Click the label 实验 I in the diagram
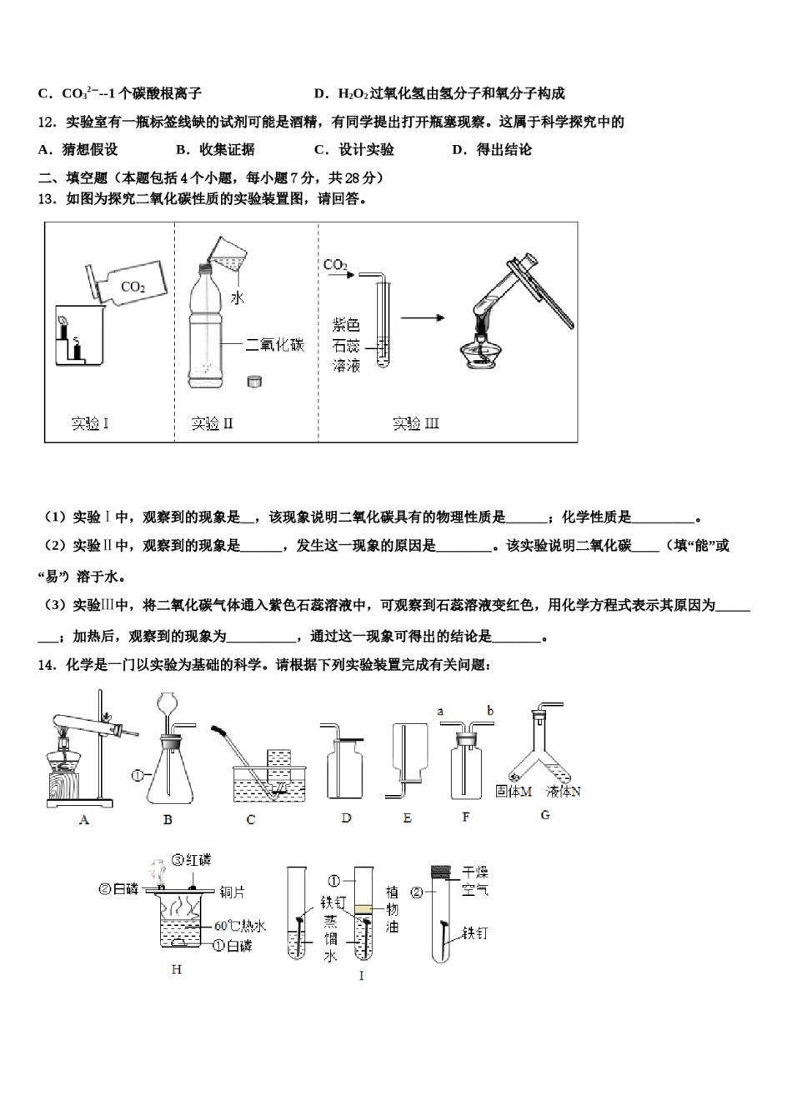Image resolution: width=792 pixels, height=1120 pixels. pos(90,424)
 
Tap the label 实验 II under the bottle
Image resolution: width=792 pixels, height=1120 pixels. pos(212,424)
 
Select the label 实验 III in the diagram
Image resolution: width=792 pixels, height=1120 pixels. pos(415,424)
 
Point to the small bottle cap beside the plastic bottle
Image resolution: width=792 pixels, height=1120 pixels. pos(254,381)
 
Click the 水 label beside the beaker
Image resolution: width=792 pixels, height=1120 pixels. pos(238,297)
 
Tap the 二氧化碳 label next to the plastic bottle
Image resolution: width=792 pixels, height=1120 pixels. pos(275,344)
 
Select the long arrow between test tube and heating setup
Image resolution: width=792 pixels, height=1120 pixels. pos(423,317)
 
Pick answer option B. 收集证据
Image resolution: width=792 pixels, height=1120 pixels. pos(215,150)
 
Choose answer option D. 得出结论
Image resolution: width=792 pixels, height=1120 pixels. pos(491,150)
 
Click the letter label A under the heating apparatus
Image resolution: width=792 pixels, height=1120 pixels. pos(83,820)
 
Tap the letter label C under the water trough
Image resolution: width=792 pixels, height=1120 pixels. pos(251,820)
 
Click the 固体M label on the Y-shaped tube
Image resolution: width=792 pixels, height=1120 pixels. pos(513,792)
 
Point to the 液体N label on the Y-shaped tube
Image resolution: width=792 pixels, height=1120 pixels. pos(564,792)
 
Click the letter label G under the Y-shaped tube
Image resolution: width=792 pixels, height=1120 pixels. pos(545,815)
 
